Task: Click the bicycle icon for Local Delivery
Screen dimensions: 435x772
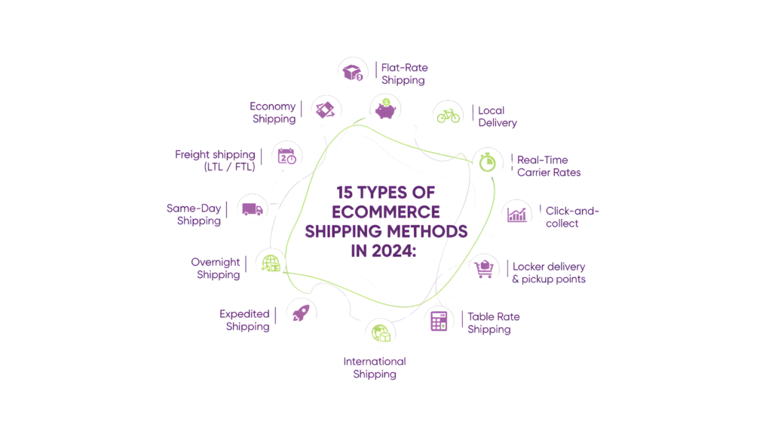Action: point(448,116)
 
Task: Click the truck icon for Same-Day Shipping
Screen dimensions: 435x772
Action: point(251,209)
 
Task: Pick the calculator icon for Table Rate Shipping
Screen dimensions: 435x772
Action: point(438,322)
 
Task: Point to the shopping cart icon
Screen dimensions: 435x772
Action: point(484,268)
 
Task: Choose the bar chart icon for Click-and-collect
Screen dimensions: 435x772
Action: point(516,214)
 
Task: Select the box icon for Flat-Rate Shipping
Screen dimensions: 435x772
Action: point(353,72)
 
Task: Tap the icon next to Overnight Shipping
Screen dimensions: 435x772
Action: point(271,263)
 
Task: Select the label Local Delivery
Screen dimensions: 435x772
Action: point(498,116)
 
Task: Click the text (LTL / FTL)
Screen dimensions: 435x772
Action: point(230,167)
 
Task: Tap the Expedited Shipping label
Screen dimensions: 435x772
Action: point(244,320)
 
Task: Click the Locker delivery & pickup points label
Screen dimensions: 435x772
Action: point(549,273)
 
